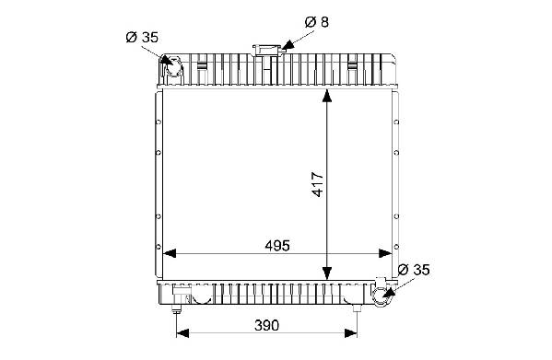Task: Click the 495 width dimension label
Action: coord(277,246)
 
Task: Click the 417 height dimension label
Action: coord(318,184)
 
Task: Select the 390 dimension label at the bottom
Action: coord(266,326)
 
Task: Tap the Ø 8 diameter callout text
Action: coord(317,22)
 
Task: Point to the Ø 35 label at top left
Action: coord(142,37)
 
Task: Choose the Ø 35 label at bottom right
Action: coord(414,270)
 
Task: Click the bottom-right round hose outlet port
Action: coord(382,296)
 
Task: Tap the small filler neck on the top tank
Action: coord(268,51)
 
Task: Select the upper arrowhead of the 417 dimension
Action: coord(327,96)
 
